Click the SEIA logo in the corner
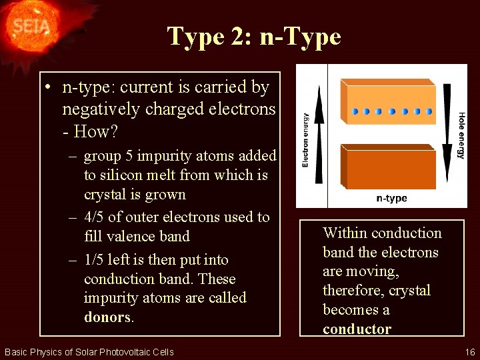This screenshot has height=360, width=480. point(28,27)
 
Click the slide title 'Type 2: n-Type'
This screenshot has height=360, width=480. point(254,36)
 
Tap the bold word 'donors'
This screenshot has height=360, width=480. point(107,317)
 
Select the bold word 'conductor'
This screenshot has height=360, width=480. point(357,329)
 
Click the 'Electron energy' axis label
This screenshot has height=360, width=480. point(306,140)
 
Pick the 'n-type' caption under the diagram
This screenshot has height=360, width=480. point(391,198)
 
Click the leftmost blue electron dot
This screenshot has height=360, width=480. point(355,111)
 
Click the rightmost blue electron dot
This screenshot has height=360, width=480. point(429,111)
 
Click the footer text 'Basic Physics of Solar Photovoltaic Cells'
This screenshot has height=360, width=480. point(89,352)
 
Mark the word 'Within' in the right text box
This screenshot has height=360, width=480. point(346,233)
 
